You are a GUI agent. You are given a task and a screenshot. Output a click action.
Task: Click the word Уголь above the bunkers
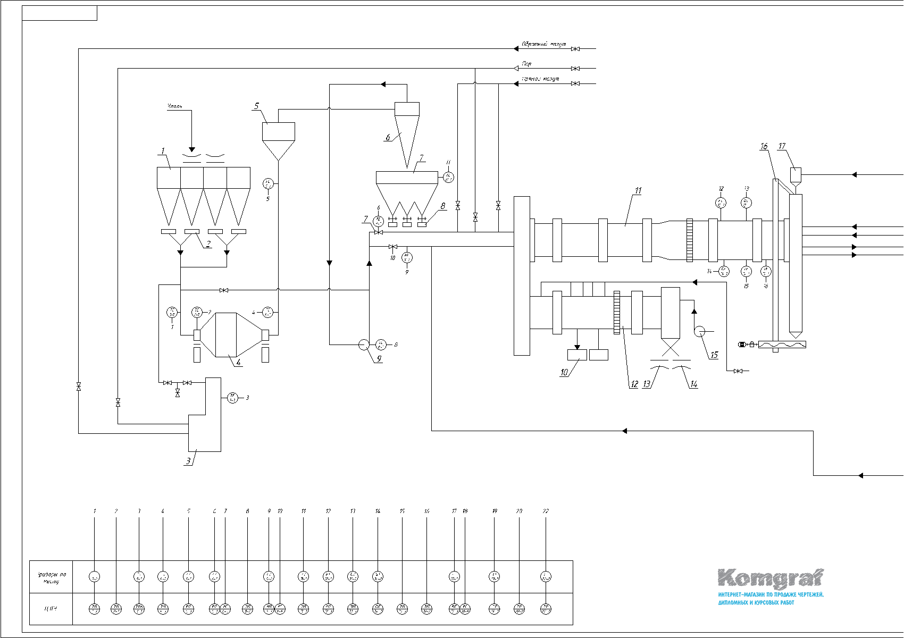click(175, 107)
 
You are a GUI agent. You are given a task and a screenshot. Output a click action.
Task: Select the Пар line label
click(526, 64)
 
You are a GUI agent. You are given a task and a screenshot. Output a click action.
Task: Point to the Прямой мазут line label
click(540, 79)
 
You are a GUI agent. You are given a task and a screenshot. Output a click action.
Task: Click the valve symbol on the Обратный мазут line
click(575, 49)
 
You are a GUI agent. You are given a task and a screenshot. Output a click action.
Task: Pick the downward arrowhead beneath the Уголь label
click(192, 150)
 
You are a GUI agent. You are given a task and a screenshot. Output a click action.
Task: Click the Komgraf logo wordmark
click(771, 578)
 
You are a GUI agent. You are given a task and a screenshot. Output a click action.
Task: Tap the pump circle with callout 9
click(364, 345)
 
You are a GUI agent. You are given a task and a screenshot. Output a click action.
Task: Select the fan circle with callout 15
click(700, 331)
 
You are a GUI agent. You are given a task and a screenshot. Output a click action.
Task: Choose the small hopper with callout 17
click(796, 174)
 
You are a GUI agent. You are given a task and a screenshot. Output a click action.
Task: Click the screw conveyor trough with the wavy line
click(782, 345)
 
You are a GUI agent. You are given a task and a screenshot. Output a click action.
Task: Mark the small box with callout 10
click(577, 355)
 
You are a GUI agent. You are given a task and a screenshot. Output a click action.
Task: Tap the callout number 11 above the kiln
click(638, 190)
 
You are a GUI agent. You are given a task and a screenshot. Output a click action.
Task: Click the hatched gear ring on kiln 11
click(690, 240)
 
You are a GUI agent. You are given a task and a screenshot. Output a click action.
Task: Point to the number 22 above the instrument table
click(546, 511)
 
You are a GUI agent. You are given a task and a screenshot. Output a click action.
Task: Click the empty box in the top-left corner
click(60, 13)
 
